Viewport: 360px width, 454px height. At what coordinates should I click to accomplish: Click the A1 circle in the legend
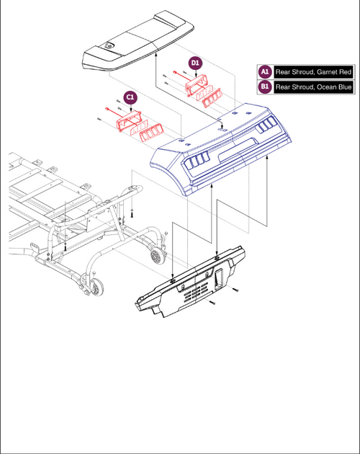pyautogui.click(x=265, y=71)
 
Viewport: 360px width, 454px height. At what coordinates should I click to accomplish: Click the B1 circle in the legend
pyautogui.click(x=265, y=86)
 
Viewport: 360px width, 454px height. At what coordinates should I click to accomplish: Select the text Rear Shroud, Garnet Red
pyautogui.click(x=313, y=72)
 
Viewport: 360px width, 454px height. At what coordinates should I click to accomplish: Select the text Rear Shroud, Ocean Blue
pyautogui.click(x=313, y=87)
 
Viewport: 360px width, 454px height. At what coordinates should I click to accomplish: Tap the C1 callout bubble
pyautogui.click(x=130, y=97)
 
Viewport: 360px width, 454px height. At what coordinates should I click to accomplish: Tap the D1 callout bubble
pyautogui.click(x=195, y=63)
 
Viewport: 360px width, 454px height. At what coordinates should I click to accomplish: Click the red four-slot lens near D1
pyautogui.click(x=212, y=97)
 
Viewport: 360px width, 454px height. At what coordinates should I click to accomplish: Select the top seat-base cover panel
pyautogui.click(x=138, y=41)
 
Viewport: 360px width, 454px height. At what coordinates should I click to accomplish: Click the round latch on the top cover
pyautogui.click(x=109, y=45)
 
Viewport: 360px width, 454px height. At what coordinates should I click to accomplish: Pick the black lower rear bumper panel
pyautogui.click(x=191, y=282)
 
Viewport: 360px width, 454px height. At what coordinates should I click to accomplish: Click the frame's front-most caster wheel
pyautogui.click(x=97, y=287)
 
